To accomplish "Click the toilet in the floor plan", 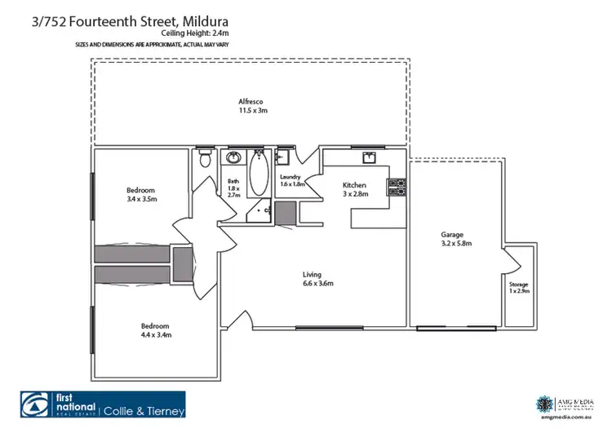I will coord(205,157).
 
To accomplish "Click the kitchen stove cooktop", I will coord(396,188).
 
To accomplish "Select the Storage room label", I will coord(518,285).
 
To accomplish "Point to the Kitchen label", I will coord(355,185).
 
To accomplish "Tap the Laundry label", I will coord(290,177).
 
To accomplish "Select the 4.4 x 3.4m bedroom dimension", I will coord(156,334).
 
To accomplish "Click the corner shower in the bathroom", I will coord(262,210).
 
